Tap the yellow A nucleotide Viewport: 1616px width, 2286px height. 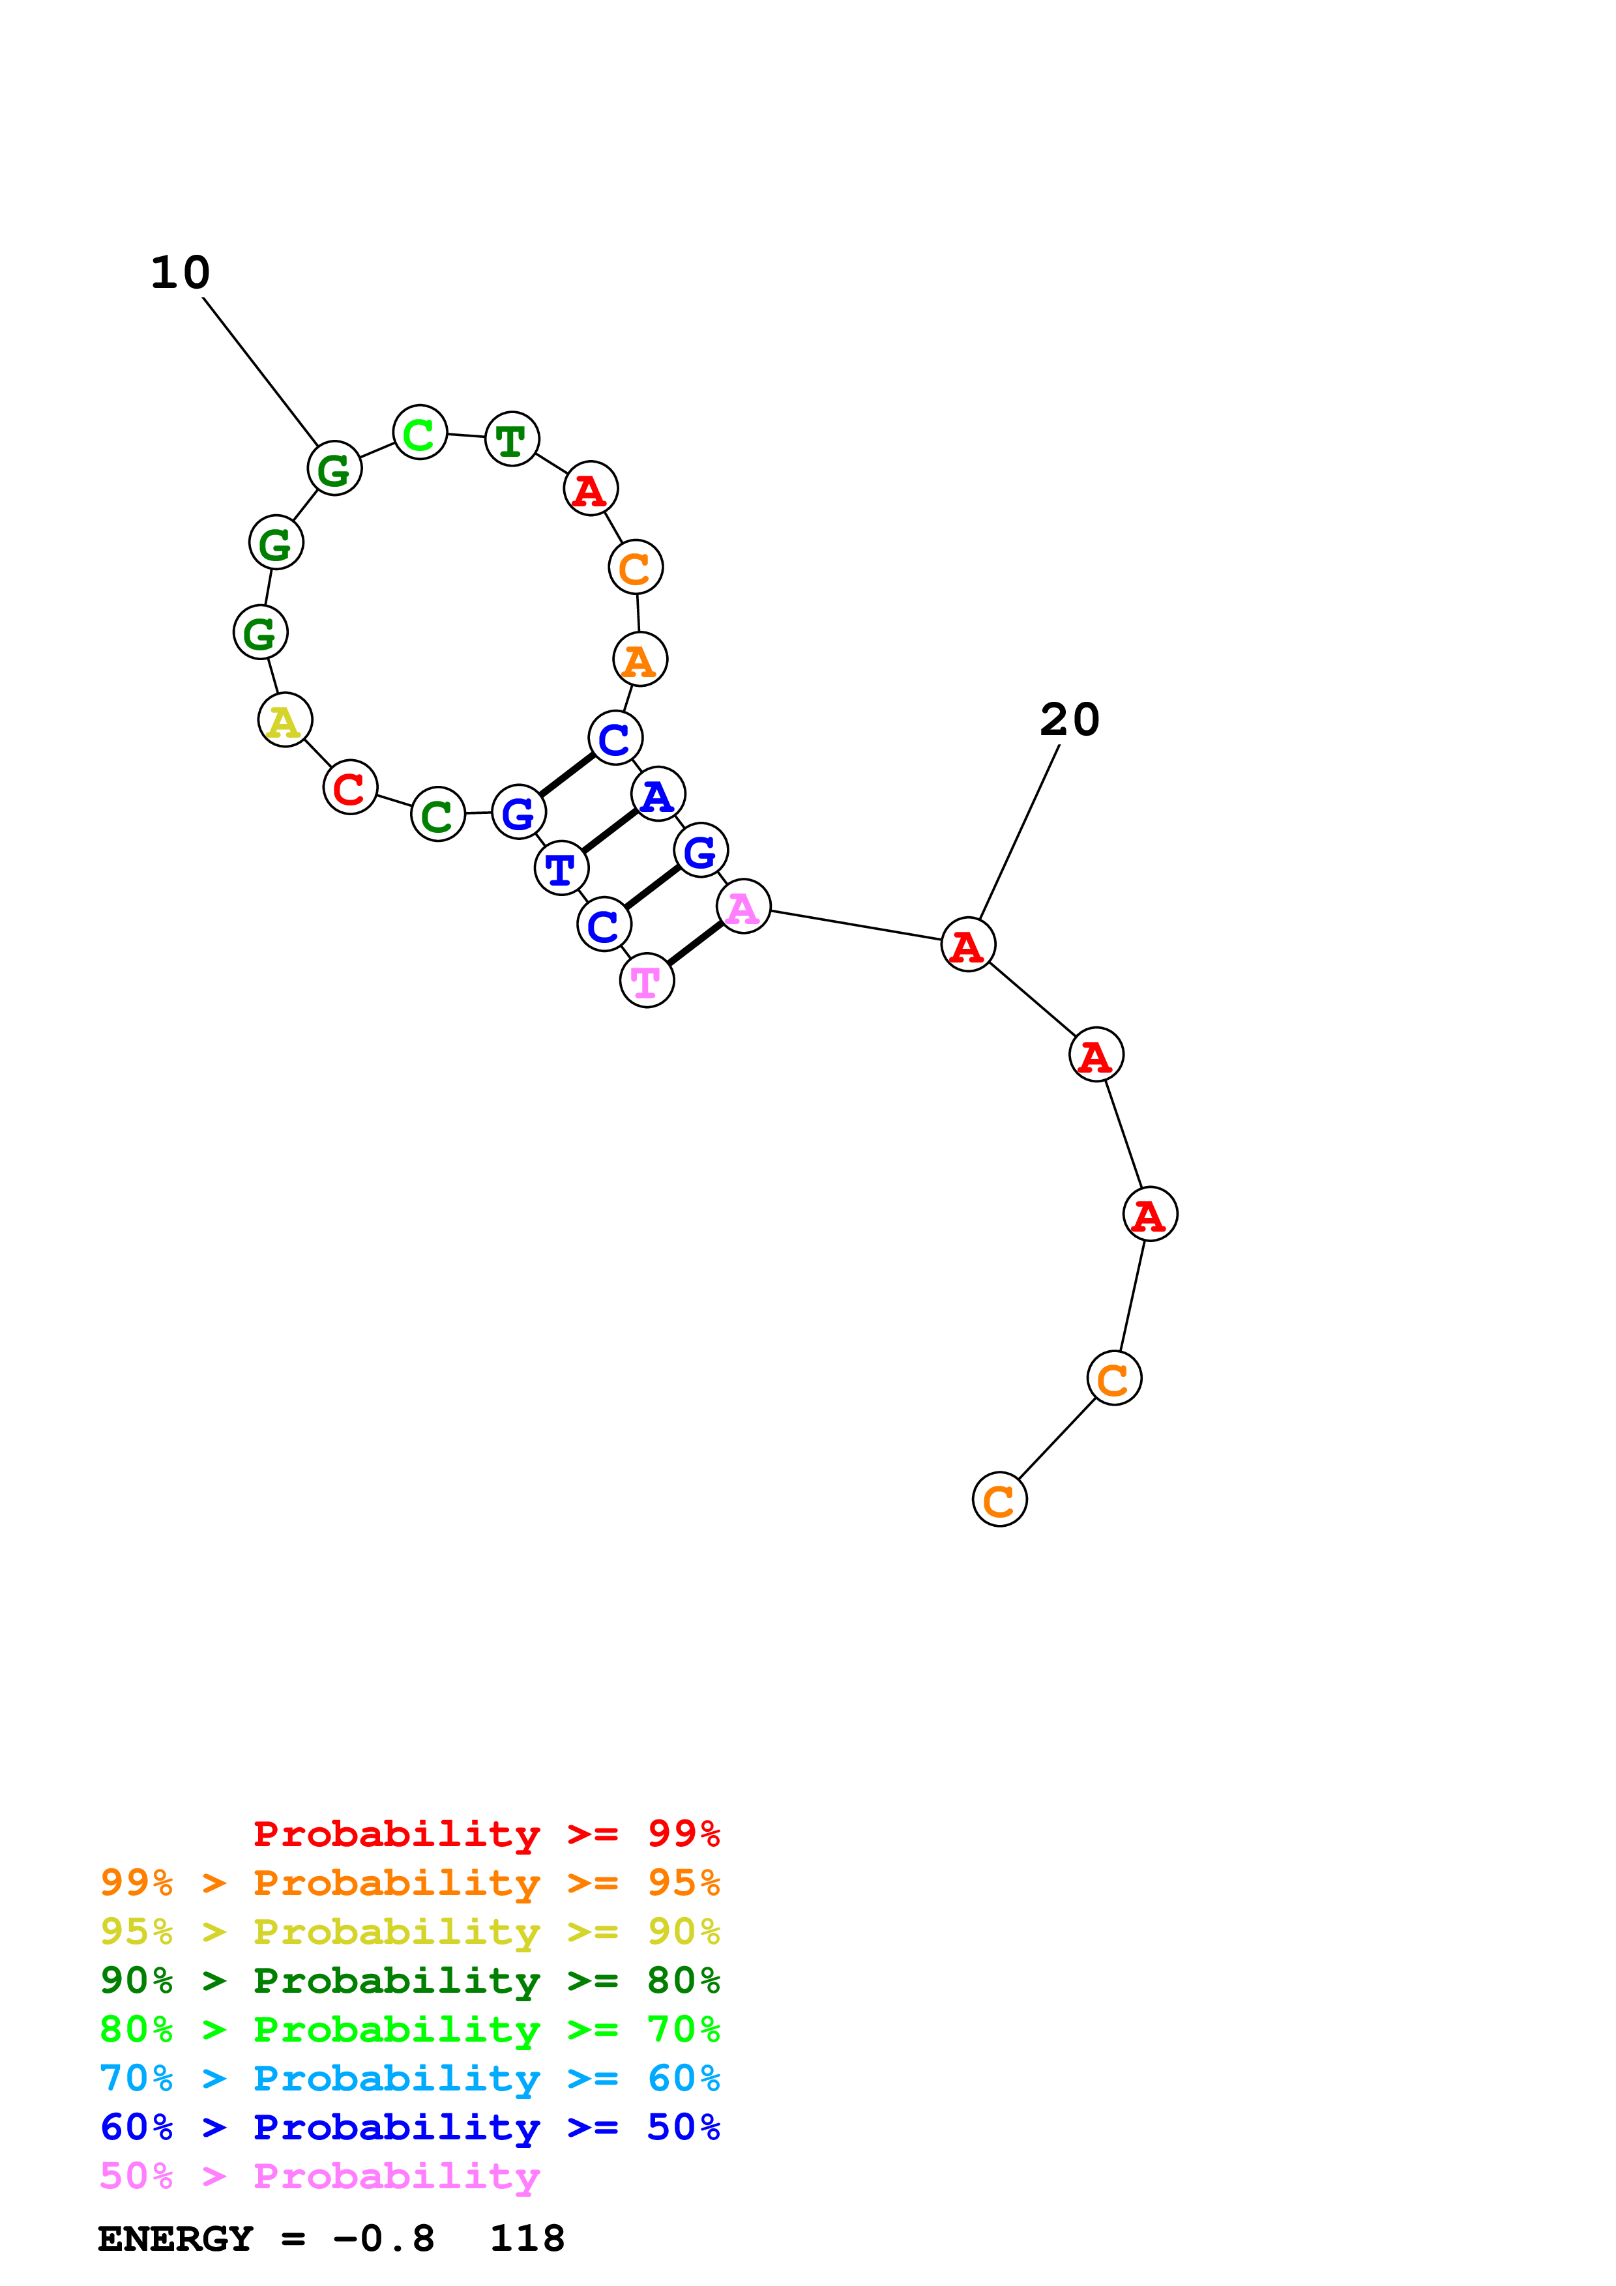285,720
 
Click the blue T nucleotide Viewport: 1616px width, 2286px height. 561,868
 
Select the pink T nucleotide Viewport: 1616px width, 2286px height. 646,981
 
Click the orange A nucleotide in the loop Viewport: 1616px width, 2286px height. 639,659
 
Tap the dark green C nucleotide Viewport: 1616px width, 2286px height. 437,815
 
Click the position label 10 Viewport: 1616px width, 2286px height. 180,273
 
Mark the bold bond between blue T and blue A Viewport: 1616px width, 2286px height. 610,832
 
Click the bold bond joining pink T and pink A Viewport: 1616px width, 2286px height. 695,944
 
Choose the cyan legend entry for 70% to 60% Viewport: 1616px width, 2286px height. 409,2078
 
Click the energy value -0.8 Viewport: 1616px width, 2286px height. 383,2239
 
